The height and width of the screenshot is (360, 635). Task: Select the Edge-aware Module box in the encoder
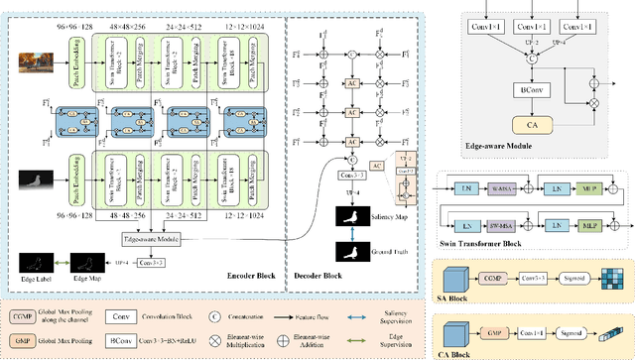pos(145,239)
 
